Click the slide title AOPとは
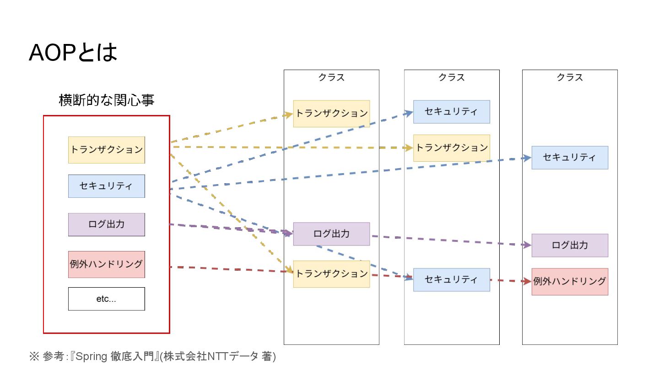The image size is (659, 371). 73,53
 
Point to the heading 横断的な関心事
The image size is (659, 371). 106,100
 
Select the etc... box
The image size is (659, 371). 106,299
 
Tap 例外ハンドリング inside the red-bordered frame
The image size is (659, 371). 106,264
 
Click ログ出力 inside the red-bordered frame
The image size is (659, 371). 106,224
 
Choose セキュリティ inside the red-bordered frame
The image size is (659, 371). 106,186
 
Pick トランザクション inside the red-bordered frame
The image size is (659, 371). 106,150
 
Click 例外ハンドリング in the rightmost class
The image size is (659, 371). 570,282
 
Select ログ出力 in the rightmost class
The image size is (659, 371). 570,246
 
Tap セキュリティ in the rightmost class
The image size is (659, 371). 570,158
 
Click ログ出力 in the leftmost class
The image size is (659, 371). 331,234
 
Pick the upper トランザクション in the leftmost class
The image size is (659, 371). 331,114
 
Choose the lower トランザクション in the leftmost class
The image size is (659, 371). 331,274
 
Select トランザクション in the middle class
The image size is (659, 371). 451,148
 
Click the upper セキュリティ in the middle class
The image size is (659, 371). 451,112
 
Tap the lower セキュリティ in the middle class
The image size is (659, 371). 451,280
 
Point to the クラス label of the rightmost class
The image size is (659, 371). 570,77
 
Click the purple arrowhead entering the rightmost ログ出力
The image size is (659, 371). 528,246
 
